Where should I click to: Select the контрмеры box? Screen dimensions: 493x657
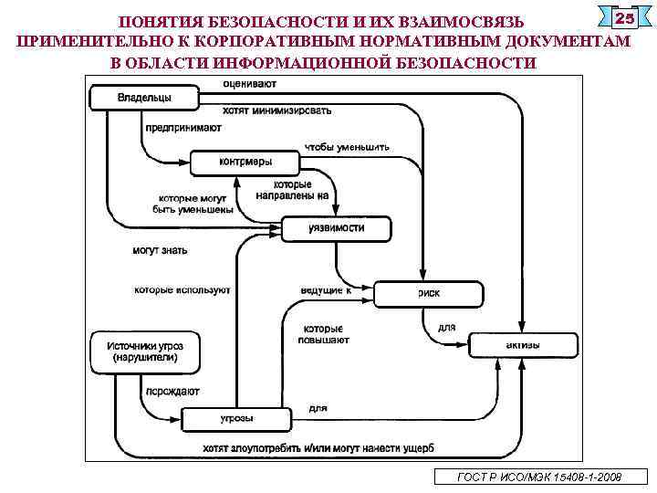click(x=245, y=163)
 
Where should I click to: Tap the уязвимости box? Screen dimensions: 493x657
click(x=336, y=228)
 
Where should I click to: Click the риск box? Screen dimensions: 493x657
click(x=429, y=293)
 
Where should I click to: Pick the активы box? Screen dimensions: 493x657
click(x=523, y=345)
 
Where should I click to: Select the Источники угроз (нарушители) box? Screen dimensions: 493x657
click(x=145, y=351)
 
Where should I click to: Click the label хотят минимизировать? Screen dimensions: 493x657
click(x=276, y=110)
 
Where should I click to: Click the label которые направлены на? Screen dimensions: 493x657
click(x=292, y=190)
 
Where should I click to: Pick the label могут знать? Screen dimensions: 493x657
click(x=161, y=249)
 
